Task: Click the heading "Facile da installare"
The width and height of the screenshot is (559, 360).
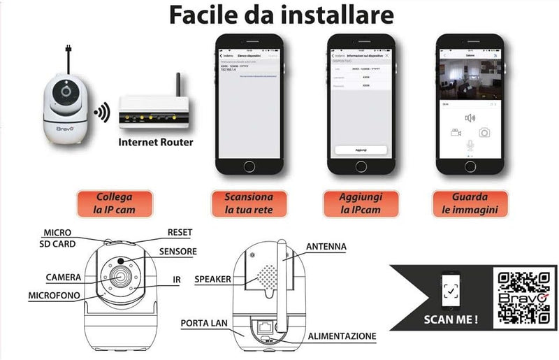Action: tap(279, 16)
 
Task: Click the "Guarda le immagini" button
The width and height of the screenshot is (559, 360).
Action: tap(470, 203)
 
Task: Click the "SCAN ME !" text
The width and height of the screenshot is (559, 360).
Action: tap(451, 321)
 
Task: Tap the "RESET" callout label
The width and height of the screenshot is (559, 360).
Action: tap(180, 232)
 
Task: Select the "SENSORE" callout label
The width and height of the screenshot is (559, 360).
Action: tap(177, 252)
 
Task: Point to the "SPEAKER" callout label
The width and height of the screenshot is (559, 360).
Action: tap(212, 279)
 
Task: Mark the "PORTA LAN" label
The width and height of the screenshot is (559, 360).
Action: tap(203, 324)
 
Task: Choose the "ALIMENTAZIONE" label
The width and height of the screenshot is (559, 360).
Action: tap(342, 336)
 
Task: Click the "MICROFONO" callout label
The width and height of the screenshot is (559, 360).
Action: tap(53, 296)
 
